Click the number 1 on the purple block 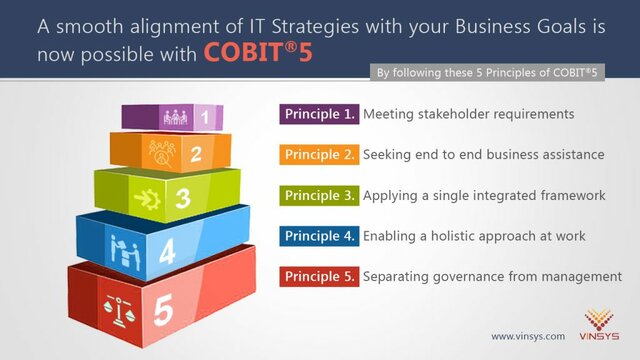tap(205, 118)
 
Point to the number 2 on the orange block tap(196, 154)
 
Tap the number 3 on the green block tap(183, 198)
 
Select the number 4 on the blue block tap(167, 250)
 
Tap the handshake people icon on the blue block tap(122, 246)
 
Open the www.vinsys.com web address tap(527, 336)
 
